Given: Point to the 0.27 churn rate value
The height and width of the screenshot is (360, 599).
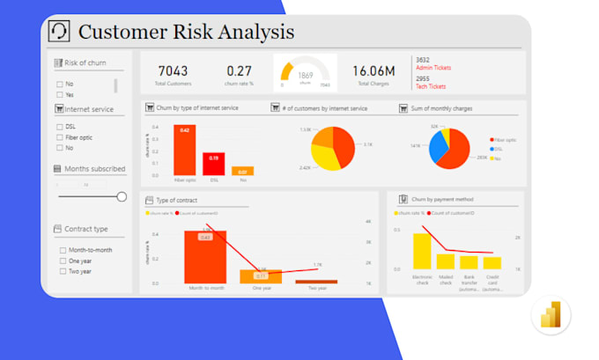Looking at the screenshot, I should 240,70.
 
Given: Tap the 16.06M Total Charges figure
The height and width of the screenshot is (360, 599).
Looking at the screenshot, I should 373,70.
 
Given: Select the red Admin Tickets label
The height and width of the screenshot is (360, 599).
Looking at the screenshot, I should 432,68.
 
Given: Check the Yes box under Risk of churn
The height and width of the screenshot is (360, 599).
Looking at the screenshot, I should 60,94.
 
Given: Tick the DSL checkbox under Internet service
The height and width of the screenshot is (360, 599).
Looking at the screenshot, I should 60,127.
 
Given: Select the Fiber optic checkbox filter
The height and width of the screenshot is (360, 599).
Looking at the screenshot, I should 60,137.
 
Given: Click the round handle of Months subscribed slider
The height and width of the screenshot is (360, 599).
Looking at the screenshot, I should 122,197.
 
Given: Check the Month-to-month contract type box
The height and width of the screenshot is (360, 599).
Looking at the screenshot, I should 63,250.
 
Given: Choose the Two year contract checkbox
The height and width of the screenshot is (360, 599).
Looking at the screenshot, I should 63,272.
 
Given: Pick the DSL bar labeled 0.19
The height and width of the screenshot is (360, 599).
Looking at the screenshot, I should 213,164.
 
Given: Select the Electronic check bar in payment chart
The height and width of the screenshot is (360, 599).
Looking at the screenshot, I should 422,251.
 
